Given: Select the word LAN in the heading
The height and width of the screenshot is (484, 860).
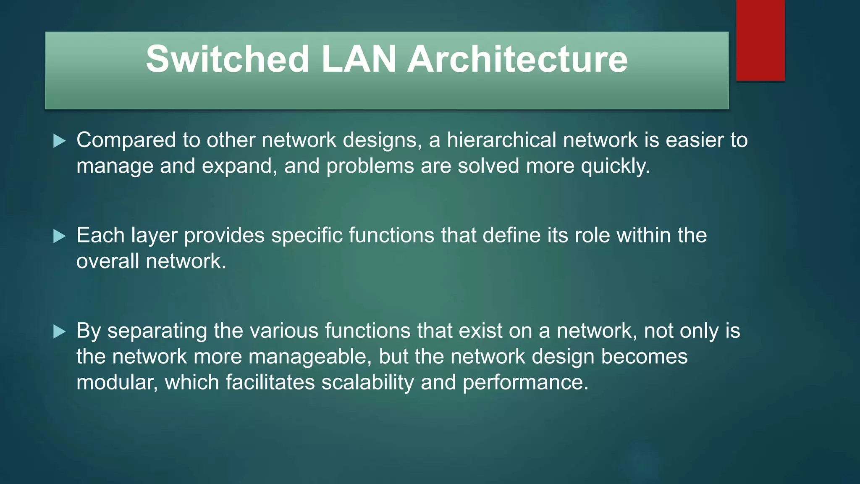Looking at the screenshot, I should point(359,59).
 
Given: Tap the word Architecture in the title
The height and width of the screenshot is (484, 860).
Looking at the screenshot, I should point(517,59).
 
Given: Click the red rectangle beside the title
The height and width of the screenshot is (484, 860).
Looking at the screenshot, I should point(760,40).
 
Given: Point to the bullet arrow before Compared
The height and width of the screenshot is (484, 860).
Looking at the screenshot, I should point(60,141).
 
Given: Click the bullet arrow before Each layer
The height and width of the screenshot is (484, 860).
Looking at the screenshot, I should point(60,237).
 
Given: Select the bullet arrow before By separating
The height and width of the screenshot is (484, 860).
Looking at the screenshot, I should point(60,332).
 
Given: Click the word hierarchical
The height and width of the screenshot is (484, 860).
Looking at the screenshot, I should point(501,140).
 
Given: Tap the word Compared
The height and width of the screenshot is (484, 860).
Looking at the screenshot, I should point(126,140).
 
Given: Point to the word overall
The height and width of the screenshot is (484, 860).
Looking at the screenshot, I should point(107,261).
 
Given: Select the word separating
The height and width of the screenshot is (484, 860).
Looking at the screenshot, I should point(157,331).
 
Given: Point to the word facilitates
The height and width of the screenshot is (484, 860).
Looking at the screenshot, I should point(270,383).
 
